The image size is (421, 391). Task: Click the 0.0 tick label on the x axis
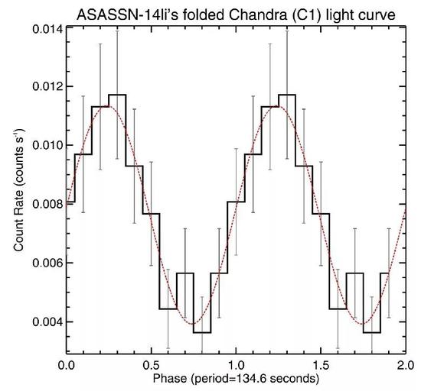(x=67, y=365)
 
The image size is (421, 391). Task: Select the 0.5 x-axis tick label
(x=152, y=365)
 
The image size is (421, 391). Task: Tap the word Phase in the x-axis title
(x=163, y=378)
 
